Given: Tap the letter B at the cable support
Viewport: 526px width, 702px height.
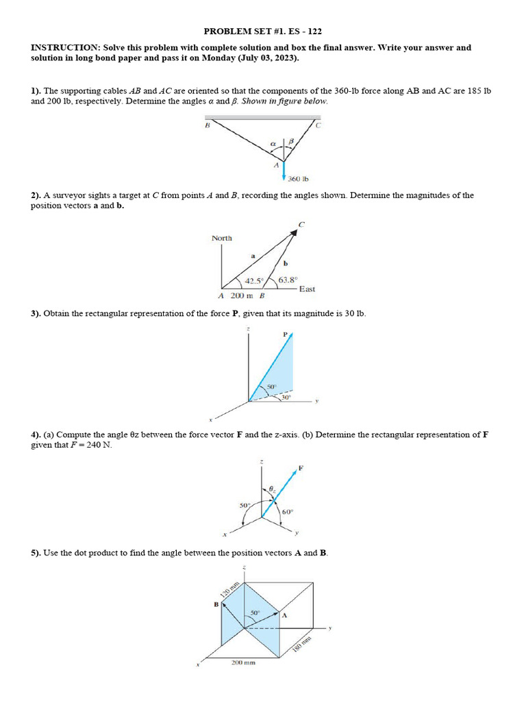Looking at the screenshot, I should (x=207, y=125).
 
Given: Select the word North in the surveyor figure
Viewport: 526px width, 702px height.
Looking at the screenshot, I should (x=222, y=238).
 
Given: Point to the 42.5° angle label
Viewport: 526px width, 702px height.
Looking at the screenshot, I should (x=255, y=280).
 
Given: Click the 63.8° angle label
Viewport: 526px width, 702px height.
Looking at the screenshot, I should (x=288, y=279).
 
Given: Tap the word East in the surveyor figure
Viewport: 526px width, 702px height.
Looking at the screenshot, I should (x=307, y=289).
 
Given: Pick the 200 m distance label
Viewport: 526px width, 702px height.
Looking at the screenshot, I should (x=242, y=296).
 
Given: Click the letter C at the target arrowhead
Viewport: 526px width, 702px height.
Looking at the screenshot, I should (x=301, y=224).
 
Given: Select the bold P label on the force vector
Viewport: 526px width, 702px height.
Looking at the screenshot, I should (x=286, y=334).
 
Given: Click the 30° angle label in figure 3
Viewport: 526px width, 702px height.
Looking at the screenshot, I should (x=286, y=397).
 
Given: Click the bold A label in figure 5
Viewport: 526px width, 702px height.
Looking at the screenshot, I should (x=284, y=616).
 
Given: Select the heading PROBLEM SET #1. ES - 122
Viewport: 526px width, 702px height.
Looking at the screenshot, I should (x=263, y=32).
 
